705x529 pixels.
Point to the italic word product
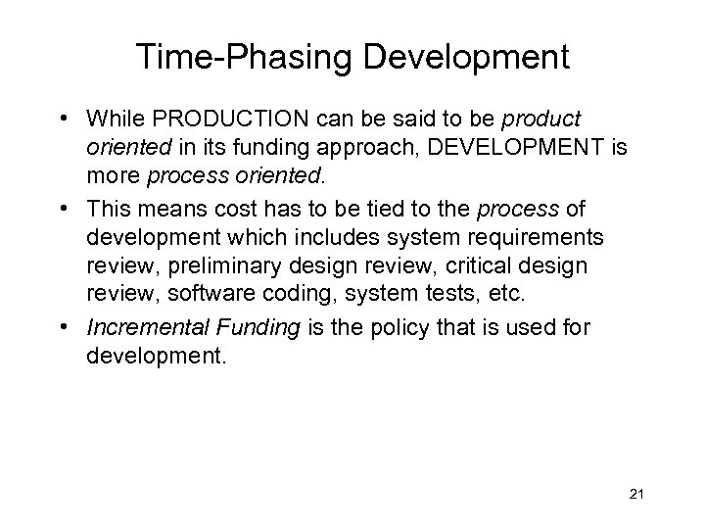click(541, 119)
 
